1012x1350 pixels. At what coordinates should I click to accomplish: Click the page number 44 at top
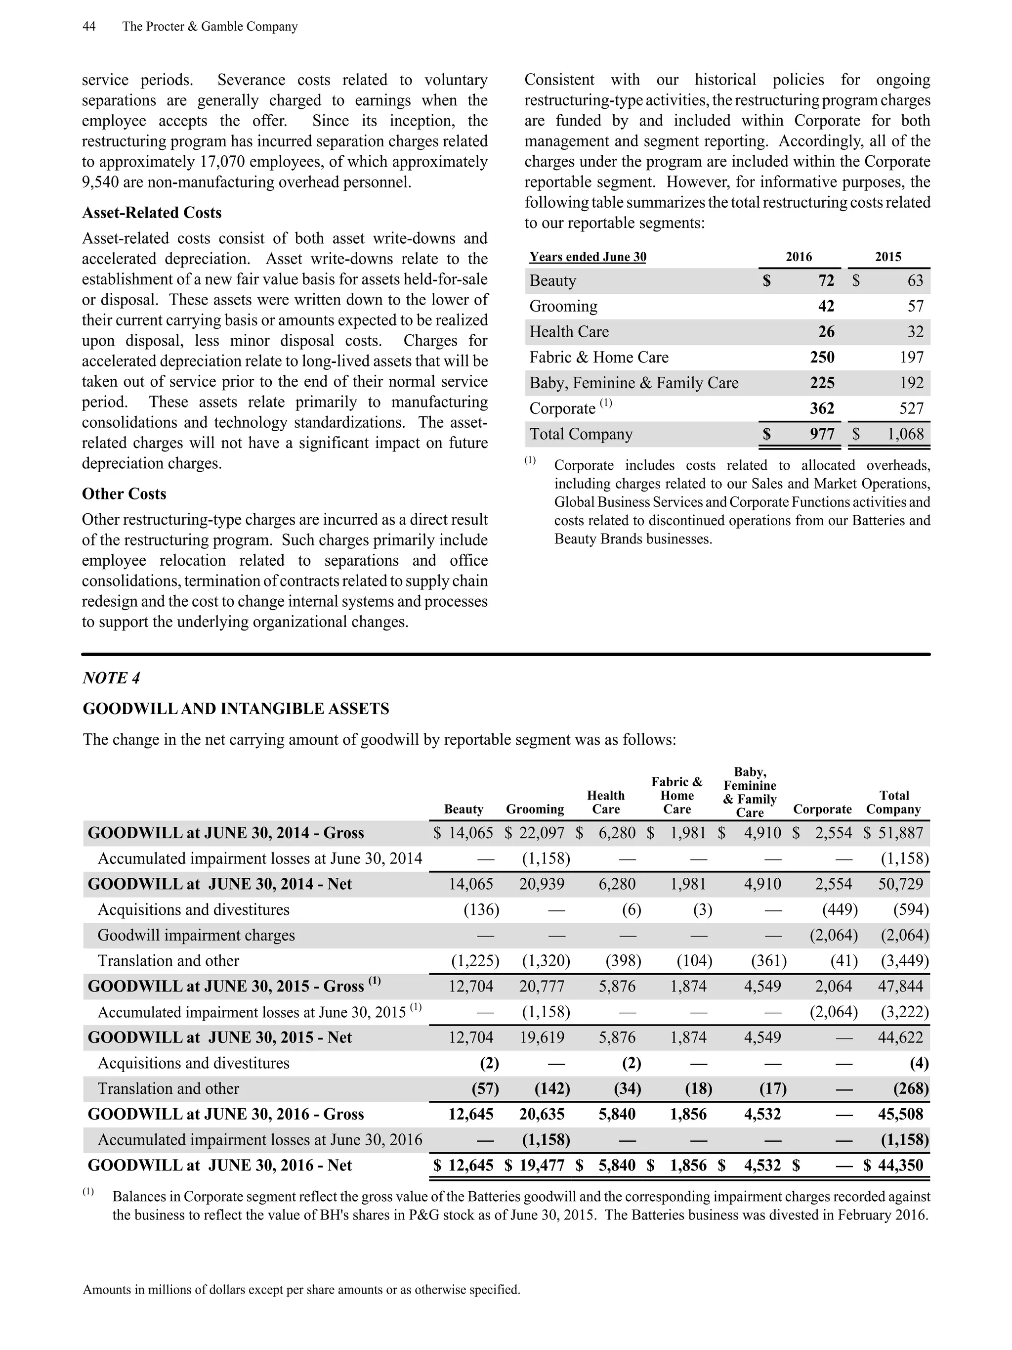88,26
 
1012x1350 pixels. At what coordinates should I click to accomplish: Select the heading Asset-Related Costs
151,212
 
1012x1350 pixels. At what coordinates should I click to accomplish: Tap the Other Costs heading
124,493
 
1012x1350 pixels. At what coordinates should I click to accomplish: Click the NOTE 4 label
111,678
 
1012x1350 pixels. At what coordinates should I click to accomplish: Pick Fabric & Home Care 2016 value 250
822,357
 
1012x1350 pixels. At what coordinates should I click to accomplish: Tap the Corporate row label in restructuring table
562,408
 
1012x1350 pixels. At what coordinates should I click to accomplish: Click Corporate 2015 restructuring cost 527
911,408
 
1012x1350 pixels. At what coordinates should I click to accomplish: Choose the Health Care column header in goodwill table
605,802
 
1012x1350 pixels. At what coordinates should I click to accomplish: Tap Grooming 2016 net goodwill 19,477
542,1165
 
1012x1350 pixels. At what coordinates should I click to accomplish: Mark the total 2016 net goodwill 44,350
900,1165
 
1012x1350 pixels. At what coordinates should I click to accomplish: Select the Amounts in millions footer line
301,1290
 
